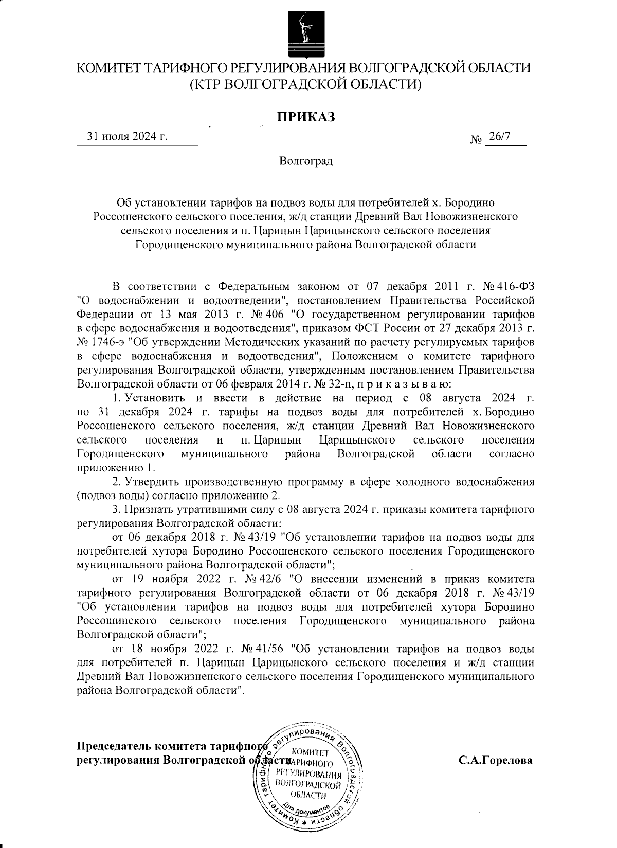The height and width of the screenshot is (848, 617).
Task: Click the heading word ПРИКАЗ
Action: (306, 117)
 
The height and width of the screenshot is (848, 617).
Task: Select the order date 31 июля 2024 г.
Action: (128, 137)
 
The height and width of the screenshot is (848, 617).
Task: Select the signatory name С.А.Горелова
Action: (495, 760)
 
